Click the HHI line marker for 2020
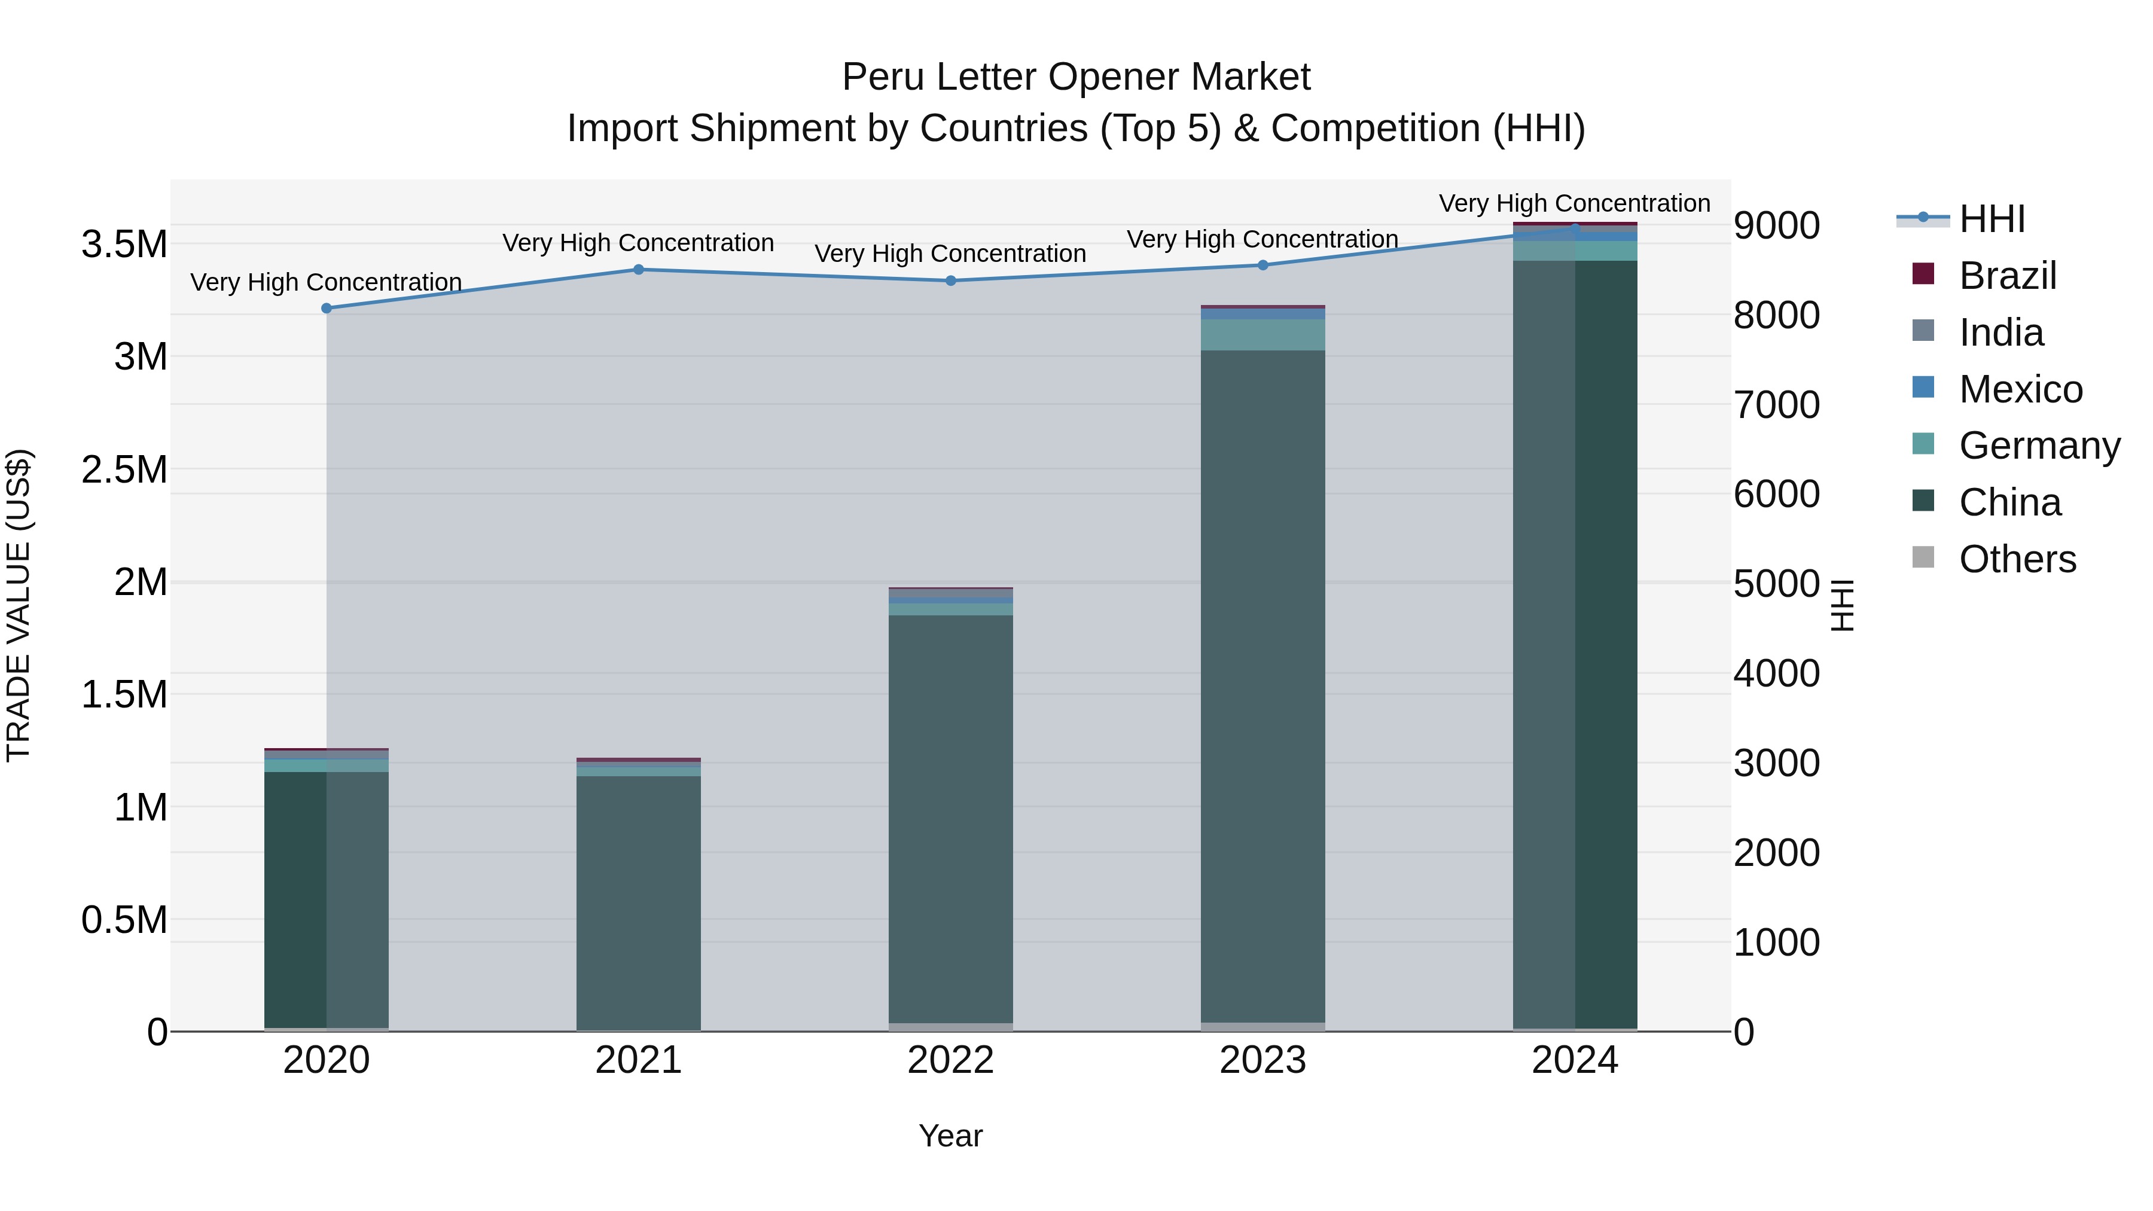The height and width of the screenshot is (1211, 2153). pos(327,309)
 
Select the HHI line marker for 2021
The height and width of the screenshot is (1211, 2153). pos(639,269)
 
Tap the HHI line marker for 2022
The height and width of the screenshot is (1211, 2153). pos(951,281)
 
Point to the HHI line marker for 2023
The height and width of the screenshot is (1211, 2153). pos(1263,265)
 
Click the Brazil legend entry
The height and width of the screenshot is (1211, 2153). pos(2006,276)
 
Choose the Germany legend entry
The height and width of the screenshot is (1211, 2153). pos(2039,446)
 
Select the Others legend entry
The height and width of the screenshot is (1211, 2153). pos(2017,559)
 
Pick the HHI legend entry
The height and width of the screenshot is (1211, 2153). pos(1992,219)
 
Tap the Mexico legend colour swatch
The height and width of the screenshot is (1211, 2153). pos(1923,388)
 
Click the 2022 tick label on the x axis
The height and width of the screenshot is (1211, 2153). pos(951,1060)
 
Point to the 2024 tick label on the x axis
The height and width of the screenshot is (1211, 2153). pos(1575,1060)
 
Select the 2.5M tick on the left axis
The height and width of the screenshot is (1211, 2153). pos(124,469)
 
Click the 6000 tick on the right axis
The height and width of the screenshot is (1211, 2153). pos(1776,494)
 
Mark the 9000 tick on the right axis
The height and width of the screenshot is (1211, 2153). pos(1776,225)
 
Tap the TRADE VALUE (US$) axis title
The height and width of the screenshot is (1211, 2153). pos(19,605)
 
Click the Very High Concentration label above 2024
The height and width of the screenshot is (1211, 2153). pos(1575,203)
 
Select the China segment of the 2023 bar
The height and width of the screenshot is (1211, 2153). pos(1263,685)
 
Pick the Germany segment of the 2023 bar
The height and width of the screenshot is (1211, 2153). pos(1263,334)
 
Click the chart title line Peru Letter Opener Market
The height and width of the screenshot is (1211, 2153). pos(1076,77)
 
